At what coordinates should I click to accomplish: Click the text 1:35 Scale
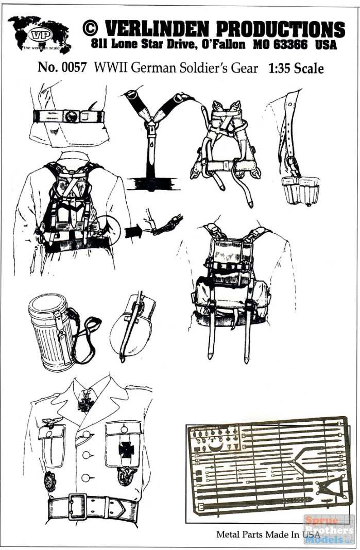click(x=296, y=68)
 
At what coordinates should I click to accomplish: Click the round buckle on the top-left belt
click(x=70, y=117)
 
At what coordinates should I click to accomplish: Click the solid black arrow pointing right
click(x=132, y=231)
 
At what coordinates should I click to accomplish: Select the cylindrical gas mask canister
click(x=50, y=332)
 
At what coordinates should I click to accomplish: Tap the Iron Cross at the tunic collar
click(x=85, y=403)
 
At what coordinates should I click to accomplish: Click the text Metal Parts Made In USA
click(x=268, y=534)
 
